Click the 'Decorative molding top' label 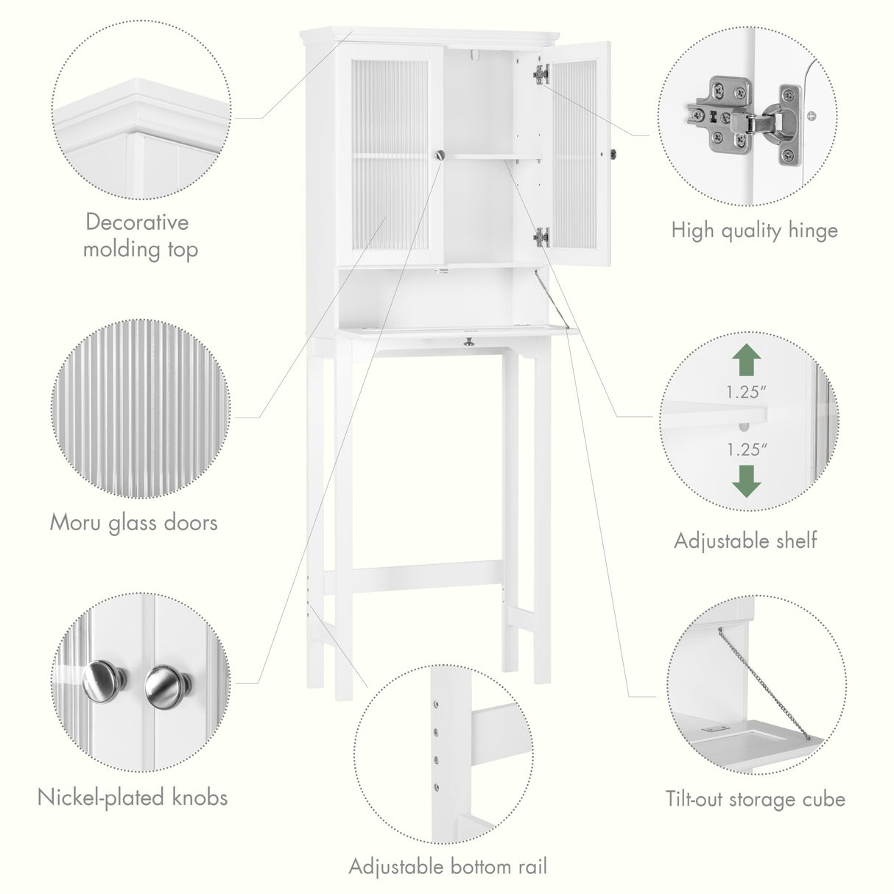(140, 235)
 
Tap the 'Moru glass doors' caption (133, 522)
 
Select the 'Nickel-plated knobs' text (133, 797)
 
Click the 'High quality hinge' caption (754, 230)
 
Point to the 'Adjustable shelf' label (745, 541)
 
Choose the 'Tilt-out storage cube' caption (756, 799)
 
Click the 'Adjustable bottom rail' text (448, 866)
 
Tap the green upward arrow (747, 362)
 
